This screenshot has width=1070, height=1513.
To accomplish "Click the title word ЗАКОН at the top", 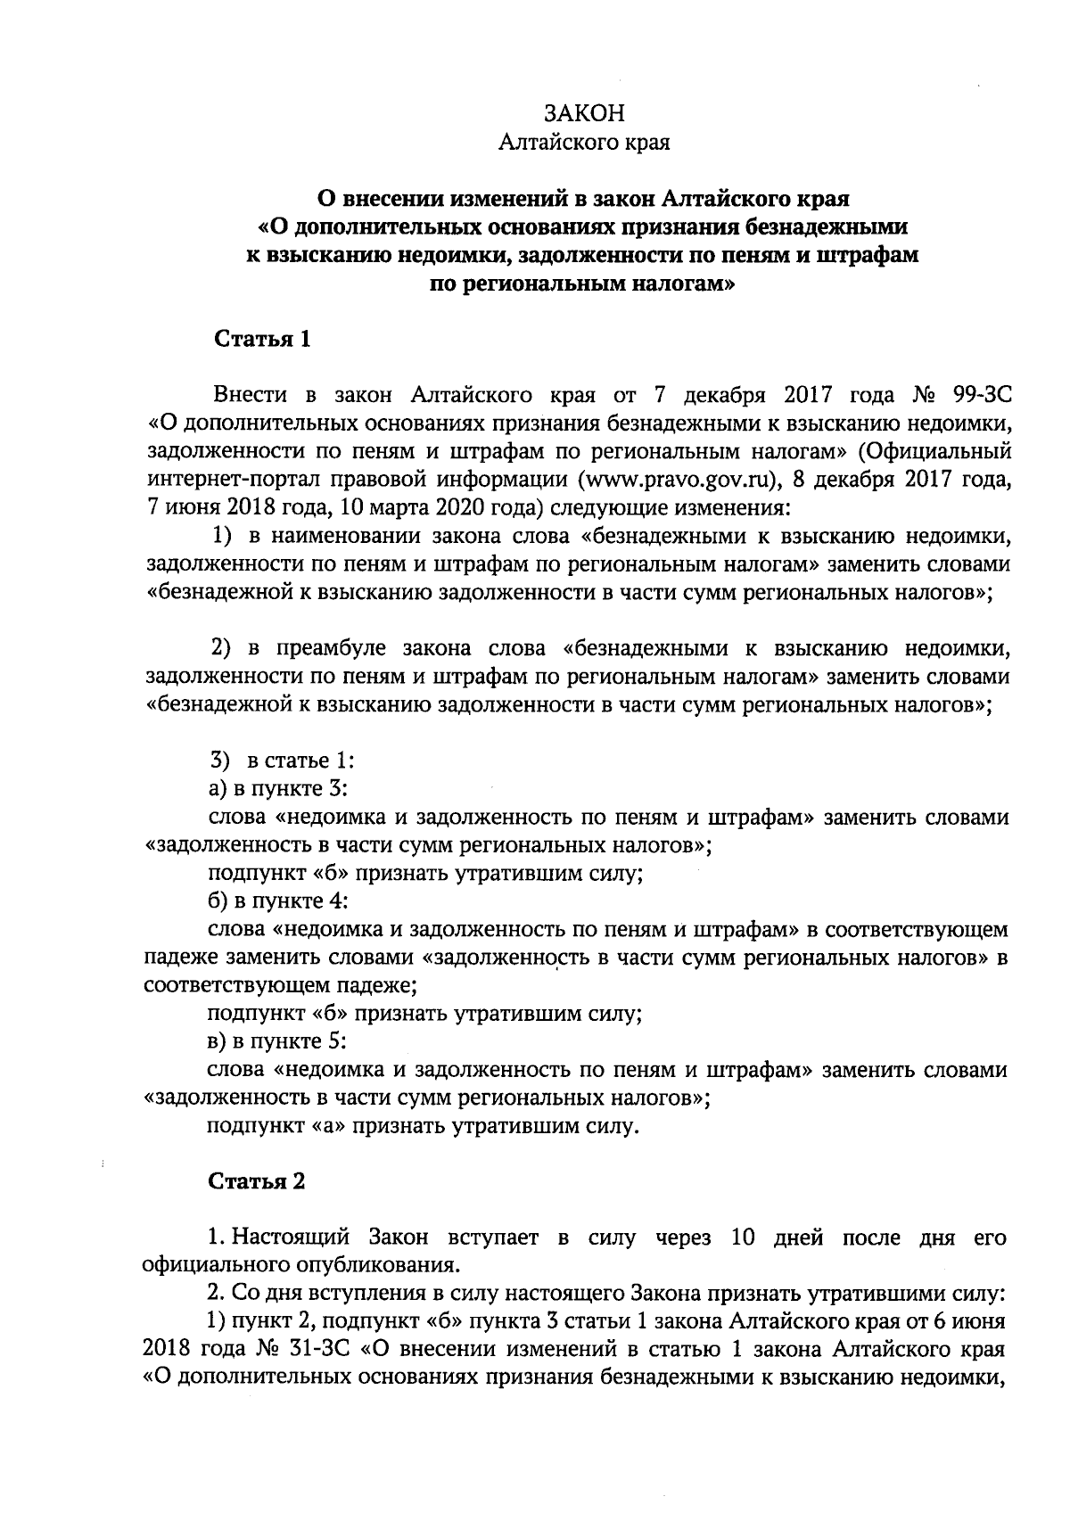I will coord(584,113).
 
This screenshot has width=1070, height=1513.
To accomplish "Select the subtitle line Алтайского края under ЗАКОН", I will coord(584,143).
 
